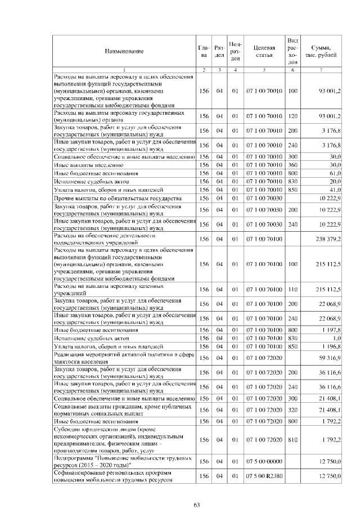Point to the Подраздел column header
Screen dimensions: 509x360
pos(236,51)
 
